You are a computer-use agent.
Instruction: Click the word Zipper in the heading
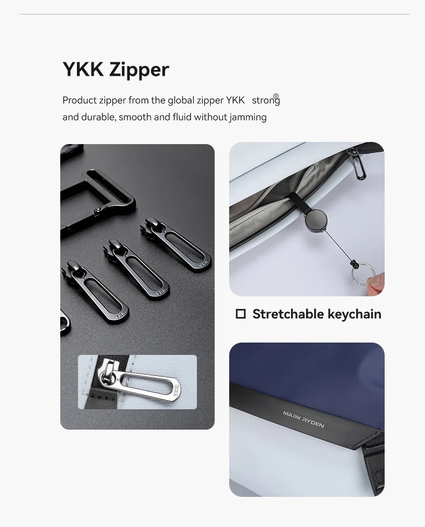[139, 70]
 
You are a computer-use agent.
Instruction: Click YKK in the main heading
[83, 69]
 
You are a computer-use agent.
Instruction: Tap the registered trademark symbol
[276, 96]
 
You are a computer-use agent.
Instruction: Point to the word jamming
[248, 118]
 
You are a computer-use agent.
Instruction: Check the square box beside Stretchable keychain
[241, 314]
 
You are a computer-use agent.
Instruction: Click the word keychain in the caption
[355, 314]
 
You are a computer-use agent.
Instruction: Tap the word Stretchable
[288, 314]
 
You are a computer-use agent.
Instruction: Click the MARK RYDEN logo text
[303, 419]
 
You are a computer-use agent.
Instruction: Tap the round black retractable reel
[316, 219]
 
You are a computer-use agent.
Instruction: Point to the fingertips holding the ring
[376, 283]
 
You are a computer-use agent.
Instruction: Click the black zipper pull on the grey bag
[357, 164]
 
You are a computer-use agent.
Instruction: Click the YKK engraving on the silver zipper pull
[176, 390]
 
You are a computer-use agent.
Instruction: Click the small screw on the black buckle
[98, 210]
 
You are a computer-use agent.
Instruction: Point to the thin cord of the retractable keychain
[338, 245]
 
